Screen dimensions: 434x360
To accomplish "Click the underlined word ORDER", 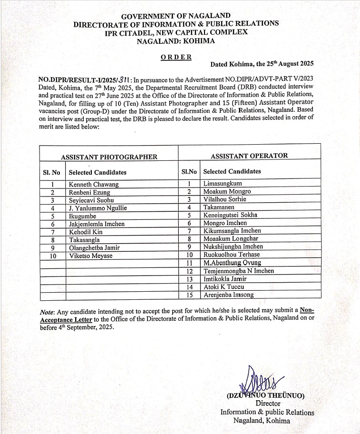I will point(176,57).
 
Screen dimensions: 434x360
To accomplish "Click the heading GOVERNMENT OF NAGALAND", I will point(175,16).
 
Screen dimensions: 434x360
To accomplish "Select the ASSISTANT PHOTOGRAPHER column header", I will point(109,157).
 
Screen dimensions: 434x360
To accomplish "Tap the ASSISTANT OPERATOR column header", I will point(249,156).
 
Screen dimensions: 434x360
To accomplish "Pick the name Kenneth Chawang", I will point(94,185).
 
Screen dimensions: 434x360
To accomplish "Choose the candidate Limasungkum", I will point(223,183).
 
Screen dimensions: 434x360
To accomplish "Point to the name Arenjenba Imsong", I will point(228,295).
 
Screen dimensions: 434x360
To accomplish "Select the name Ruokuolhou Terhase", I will point(232,255).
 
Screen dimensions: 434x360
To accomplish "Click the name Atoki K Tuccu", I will point(224,287).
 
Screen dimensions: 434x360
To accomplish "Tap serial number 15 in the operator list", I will point(189,295).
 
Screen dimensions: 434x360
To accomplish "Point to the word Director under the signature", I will point(268,404).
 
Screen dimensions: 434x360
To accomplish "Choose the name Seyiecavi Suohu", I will point(91,200).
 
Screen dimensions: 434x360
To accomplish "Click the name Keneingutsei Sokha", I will point(230,215).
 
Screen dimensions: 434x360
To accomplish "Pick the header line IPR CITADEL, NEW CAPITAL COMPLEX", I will point(176,32).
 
